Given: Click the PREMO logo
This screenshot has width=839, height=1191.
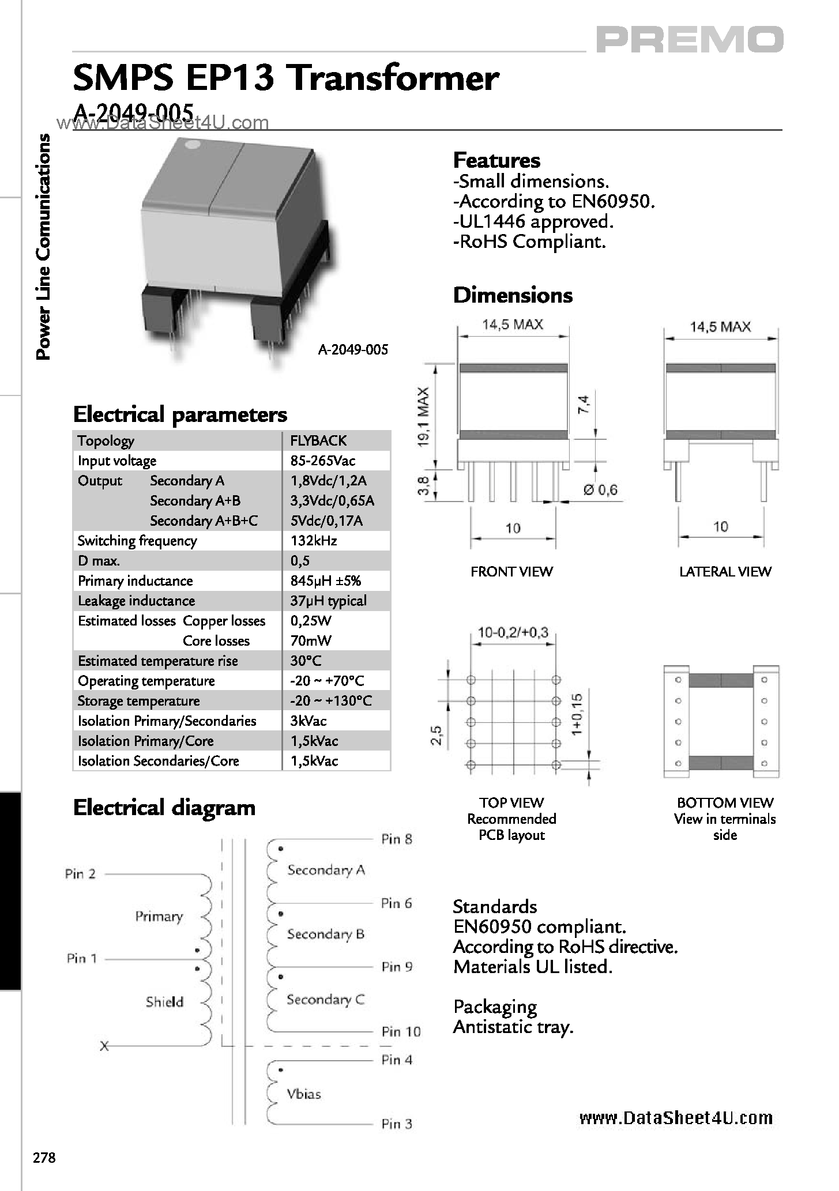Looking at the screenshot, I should [x=689, y=40].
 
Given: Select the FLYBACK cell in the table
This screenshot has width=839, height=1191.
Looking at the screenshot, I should [x=318, y=441].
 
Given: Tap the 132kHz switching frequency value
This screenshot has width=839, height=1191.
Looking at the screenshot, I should [x=314, y=541].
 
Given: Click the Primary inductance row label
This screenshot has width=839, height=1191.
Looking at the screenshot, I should [x=136, y=581].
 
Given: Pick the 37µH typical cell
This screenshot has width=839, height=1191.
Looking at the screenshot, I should [x=328, y=601].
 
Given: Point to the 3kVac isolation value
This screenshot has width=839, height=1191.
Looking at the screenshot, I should [x=308, y=721].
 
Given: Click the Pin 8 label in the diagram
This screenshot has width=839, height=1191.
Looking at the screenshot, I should [x=397, y=839].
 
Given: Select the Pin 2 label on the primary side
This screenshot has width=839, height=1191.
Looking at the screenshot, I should [x=80, y=874].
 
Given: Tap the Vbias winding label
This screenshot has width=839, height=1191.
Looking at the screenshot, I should [x=304, y=1094].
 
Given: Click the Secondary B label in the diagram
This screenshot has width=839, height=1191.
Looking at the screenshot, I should [x=326, y=934].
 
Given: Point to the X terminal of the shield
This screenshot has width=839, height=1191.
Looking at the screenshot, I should [x=104, y=1046].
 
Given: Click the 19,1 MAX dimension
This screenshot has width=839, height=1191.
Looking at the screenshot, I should [x=423, y=417].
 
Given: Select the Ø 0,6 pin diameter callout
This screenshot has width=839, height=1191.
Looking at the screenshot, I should [x=600, y=490].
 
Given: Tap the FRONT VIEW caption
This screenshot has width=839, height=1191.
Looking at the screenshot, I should [x=511, y=572].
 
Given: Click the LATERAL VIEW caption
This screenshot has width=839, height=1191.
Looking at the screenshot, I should [x=725, y=572].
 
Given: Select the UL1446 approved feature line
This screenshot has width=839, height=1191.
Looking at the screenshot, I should [x=533, y=221].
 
